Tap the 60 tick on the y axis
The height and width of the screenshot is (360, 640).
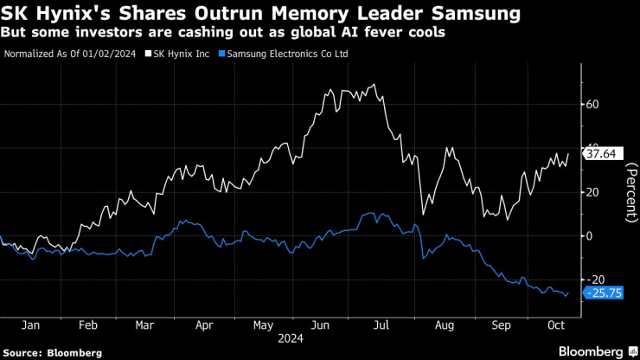click(x=592, y=104)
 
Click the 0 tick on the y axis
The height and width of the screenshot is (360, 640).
click(x=589, y=235)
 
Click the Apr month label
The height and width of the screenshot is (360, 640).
click(x=204, y=327)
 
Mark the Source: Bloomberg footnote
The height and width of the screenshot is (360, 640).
click(x=53, y=353)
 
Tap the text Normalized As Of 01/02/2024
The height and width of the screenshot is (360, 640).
click(x=70, y=54)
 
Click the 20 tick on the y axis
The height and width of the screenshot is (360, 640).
click(x=592, y=191)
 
